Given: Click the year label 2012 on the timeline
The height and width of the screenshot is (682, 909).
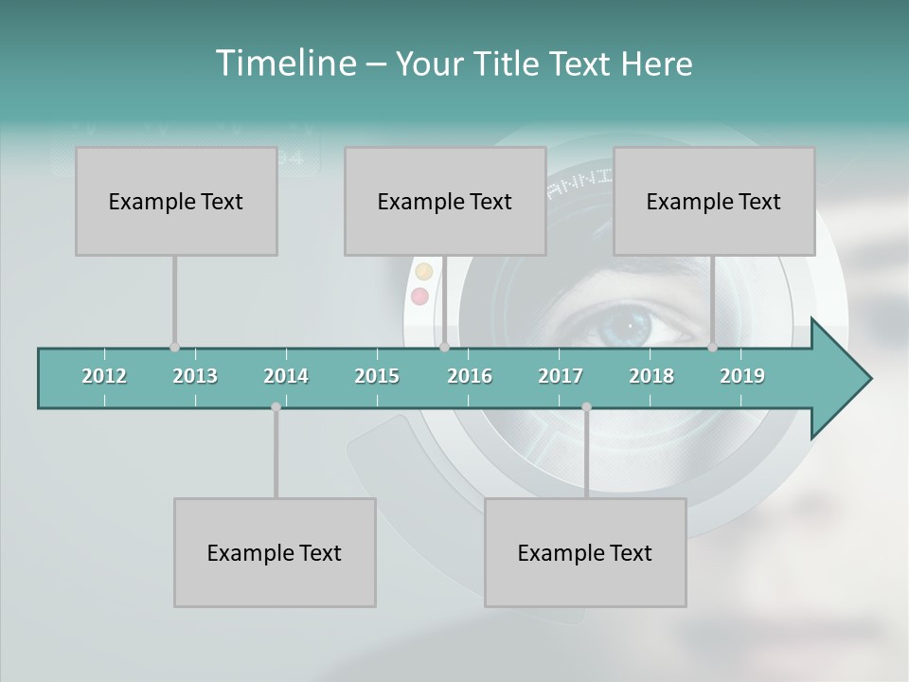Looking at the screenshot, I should (x=104, y=376).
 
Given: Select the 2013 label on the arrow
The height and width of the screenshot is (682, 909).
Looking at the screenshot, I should (x=195, y=376).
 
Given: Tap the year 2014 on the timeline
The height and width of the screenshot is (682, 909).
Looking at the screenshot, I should (x=286, y=376).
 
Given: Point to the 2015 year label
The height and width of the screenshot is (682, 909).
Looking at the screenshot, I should (x=377, y=376).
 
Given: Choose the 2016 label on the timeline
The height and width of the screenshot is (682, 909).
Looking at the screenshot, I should (x=470, y=376).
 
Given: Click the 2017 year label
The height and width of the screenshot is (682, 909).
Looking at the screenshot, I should (x=561, y=376).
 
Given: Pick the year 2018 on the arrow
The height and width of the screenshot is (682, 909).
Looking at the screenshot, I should (x=651, y=376).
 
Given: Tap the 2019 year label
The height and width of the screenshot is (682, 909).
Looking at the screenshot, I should (x=742, y=376).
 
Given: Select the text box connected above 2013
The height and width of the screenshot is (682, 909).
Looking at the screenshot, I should (x=176, y=201).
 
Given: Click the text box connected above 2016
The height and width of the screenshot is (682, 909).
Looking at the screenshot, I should (x=445, y=201).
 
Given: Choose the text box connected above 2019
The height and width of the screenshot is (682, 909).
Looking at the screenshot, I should (x=714, y=201).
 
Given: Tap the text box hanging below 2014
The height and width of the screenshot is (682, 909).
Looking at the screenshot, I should (x=275, y=552).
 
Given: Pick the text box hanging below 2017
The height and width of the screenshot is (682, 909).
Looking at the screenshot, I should (x=585, y=552).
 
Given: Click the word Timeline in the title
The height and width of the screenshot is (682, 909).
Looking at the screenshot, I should (x=284, y=63).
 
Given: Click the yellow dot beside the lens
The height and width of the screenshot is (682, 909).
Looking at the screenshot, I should (x=423, y=272).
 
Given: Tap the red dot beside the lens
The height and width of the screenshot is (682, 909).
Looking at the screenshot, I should (x=419, y=296).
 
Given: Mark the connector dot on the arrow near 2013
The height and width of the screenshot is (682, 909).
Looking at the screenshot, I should (x=174, y=348).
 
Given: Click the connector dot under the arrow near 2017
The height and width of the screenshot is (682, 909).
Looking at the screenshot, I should (x=586, y=407).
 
